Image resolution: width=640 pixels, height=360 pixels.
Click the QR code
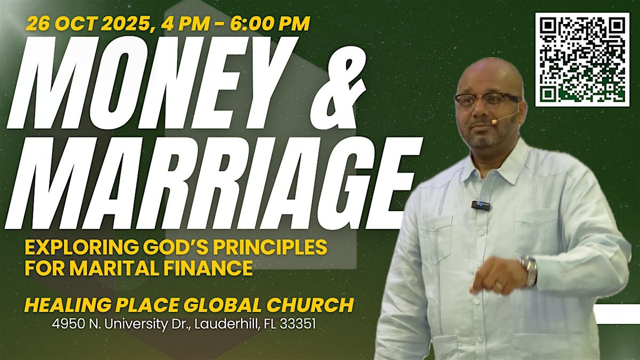[582, 60]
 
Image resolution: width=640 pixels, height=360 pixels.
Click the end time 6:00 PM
[270, 23]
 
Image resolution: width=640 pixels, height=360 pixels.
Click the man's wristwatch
[529, 270]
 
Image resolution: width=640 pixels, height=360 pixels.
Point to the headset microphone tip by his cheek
[494, 122]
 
